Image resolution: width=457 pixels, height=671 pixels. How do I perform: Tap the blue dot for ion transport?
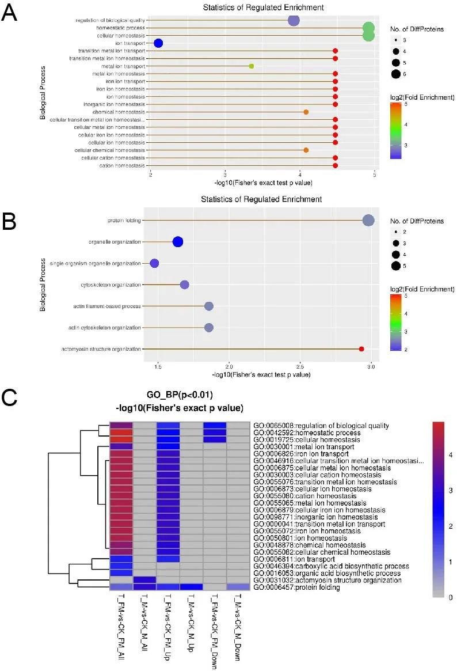[158, 43]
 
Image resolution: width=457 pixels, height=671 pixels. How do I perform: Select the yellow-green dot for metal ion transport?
[252, 66]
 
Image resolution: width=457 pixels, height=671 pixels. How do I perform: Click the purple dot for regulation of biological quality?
[294, 21]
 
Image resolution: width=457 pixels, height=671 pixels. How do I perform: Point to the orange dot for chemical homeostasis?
[306, 112]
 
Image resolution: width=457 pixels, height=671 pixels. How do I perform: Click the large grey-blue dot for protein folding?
[368, 220]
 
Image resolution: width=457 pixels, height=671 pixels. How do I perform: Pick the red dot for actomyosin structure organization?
[361, 349]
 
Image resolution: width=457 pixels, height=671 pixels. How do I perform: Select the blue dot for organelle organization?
[178, 242]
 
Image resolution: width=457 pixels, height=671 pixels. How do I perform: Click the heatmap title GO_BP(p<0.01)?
[180, 397]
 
